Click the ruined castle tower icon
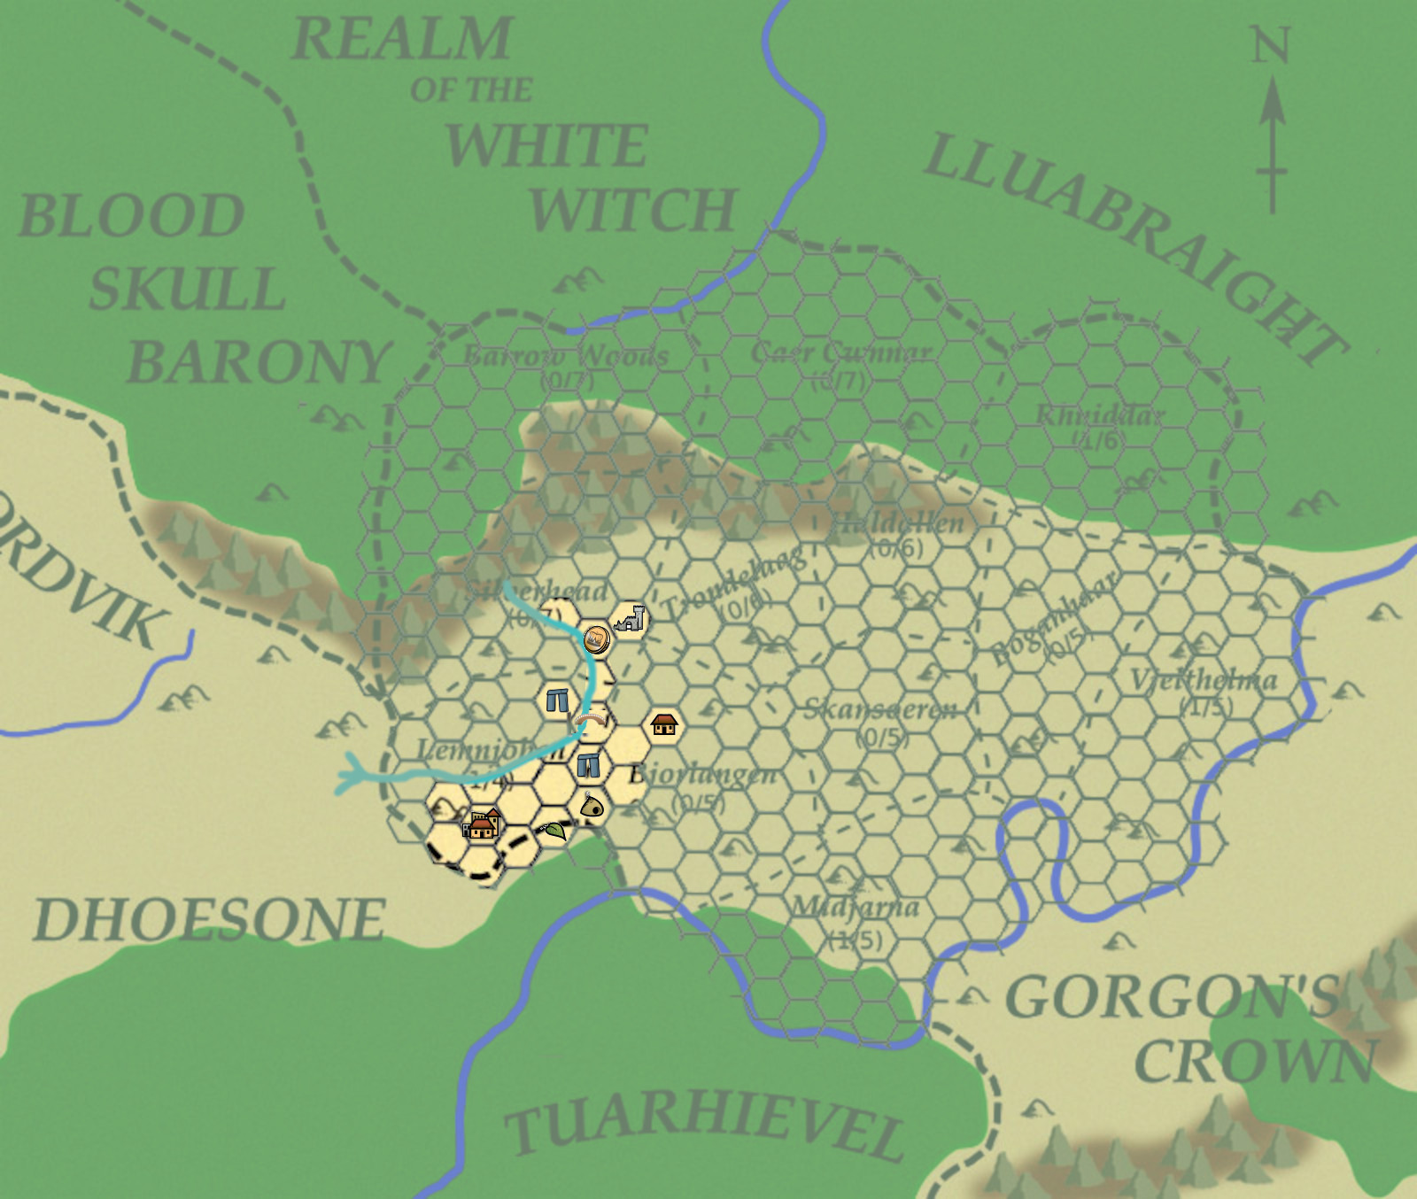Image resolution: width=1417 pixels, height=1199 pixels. (630, 619)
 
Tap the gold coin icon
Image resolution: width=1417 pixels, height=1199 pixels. (596, 638)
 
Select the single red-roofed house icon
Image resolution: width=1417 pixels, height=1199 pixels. (663, 724)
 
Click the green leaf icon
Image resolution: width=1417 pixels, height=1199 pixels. (554, 831)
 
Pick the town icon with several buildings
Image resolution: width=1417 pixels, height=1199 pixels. (482, 824)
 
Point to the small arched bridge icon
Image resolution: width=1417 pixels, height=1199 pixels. (591, 722)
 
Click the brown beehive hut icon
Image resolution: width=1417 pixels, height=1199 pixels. (592, 807)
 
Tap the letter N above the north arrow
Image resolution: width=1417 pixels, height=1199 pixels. (1270, 44)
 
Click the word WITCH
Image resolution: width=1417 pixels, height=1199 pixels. (632, 211)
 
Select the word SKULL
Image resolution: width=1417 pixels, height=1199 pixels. (187, 290)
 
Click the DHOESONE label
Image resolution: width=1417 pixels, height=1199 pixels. (209, 920)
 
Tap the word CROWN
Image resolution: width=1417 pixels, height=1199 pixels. (1256, 1061)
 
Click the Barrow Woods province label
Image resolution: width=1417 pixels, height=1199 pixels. (566, 356)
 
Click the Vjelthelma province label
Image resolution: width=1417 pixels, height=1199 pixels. (1204, 680)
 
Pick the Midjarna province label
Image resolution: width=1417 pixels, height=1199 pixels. (855, 907)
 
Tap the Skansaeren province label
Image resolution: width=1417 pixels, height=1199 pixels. (880, 709)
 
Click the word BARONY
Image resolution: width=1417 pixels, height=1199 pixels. (259, 362)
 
